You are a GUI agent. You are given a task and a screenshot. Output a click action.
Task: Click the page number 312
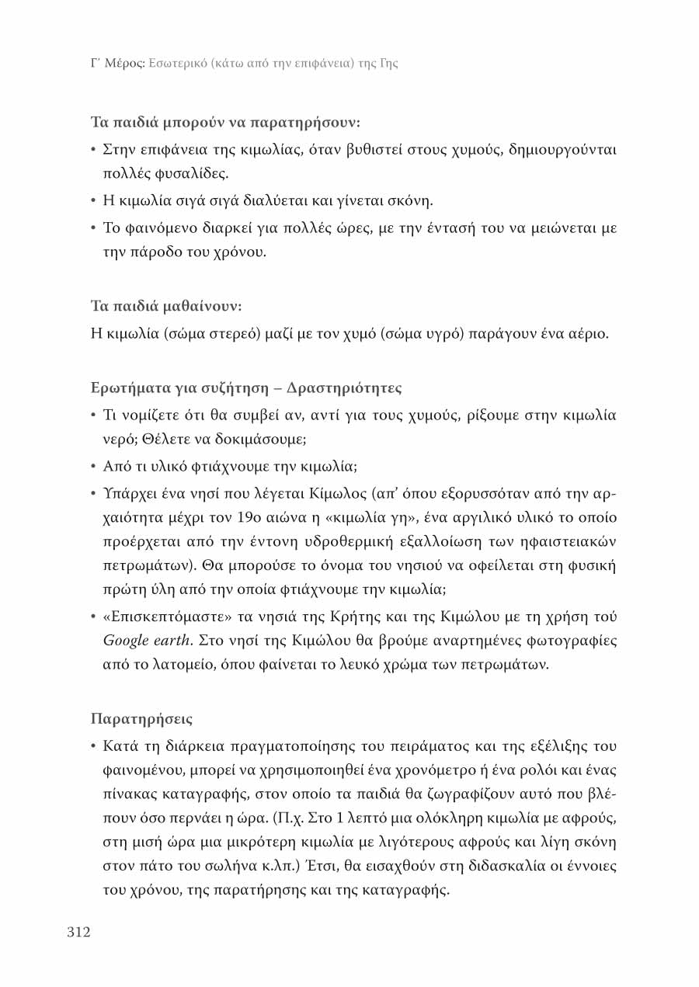point(78,932)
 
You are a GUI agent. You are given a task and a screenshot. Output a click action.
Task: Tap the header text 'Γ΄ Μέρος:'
point(116,63)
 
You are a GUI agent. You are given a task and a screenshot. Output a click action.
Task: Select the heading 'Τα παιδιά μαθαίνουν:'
point(166,306)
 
